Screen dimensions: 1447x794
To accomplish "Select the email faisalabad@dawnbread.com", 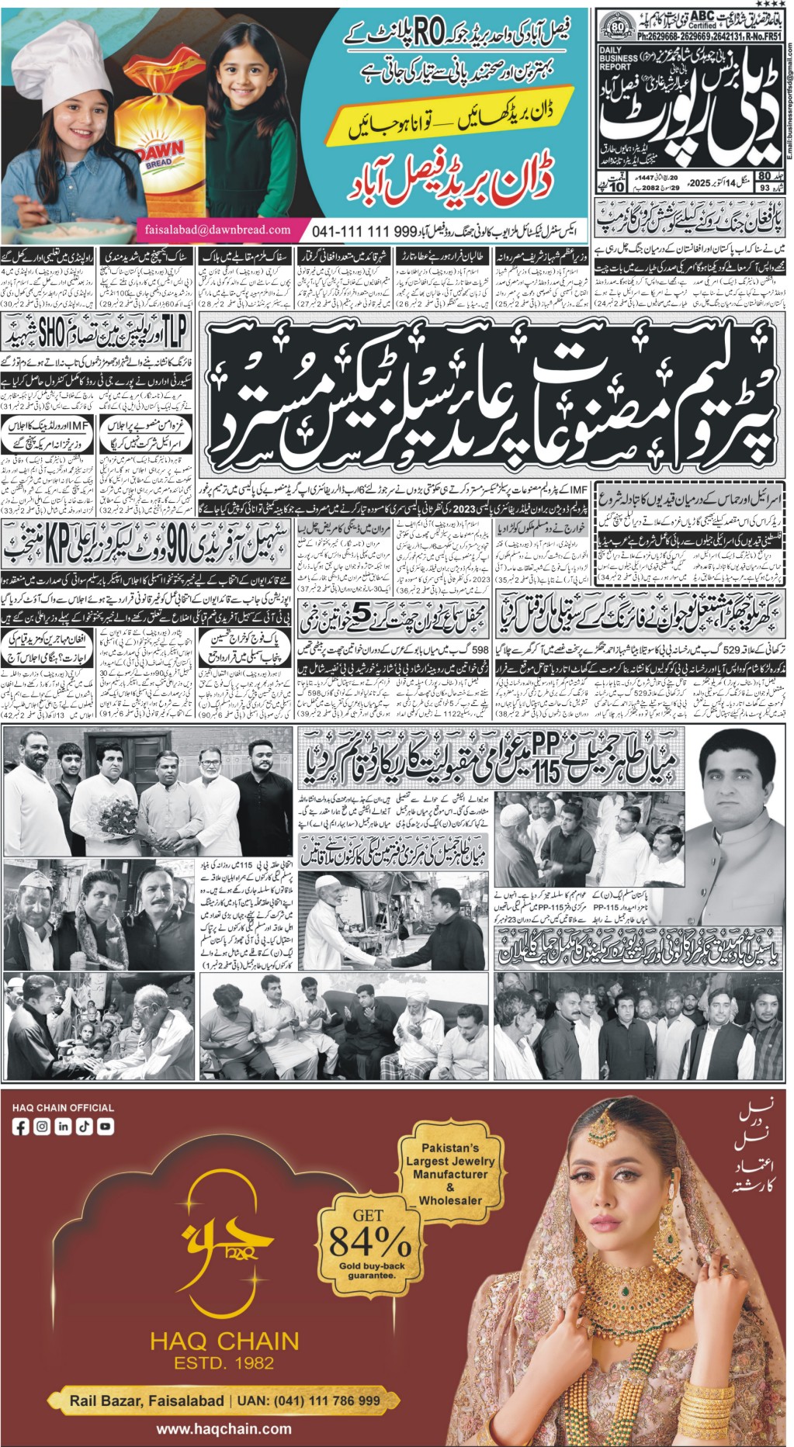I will [x=217, y=230].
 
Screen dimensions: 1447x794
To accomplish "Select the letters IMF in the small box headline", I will [x=78, y=426].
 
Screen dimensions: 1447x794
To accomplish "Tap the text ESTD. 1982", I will [x=224, y=1362].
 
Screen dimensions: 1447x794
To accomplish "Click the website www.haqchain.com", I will [x=224, y=1428].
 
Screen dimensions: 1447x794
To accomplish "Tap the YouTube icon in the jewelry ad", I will [x=105, y=1126].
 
